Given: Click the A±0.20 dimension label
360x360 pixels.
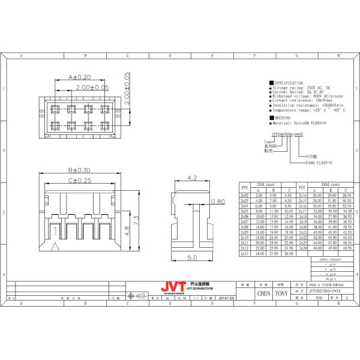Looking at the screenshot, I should coord(78,77).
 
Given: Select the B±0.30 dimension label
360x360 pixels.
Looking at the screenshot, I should coord(78,170).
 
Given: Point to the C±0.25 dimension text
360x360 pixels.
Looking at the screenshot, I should coord(78,180).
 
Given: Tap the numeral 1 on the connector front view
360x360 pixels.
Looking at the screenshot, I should coord(56,230).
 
